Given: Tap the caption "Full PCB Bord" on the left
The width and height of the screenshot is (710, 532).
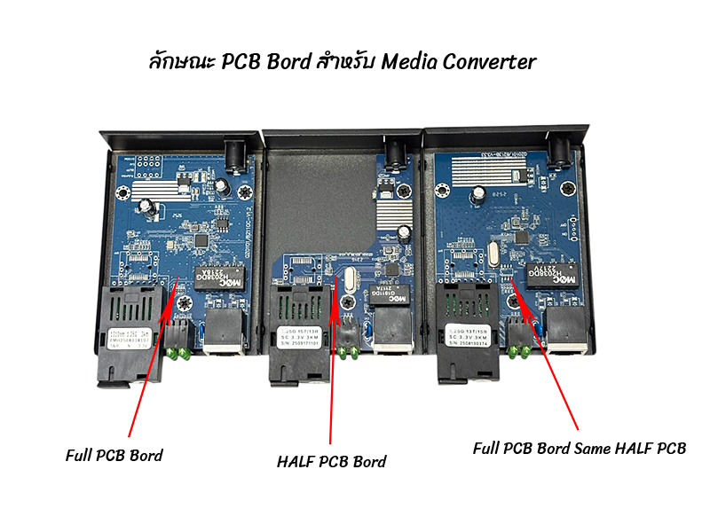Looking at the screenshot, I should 114,455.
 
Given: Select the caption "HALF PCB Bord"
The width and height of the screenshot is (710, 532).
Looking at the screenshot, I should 332,462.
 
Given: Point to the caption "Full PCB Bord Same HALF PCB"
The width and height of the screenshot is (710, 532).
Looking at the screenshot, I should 580,448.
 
